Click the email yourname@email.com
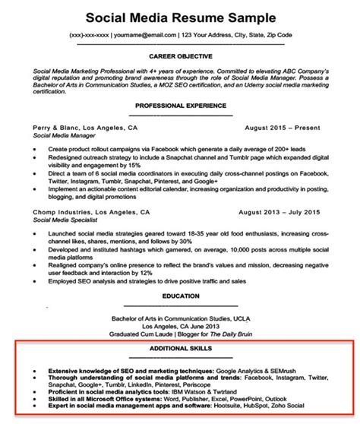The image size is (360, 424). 143,36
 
